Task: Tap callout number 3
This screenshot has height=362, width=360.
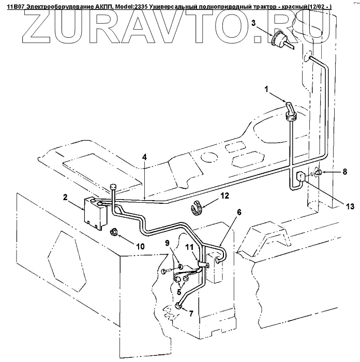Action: [x=254, y=23]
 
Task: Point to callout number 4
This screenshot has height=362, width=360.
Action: [x=145, y=156]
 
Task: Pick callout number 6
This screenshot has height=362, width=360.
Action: [x=239, y=213]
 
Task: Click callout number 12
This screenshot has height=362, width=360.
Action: [x=224, y=195]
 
